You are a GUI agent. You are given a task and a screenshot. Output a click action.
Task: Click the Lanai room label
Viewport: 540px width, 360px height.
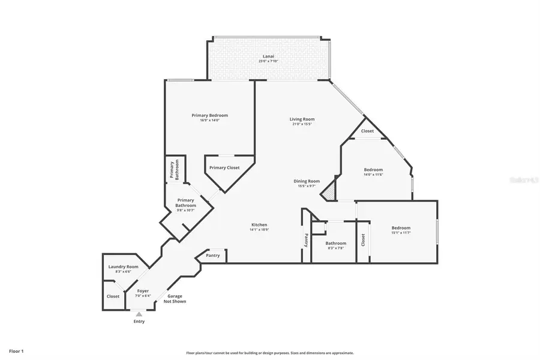(x=269, y=56)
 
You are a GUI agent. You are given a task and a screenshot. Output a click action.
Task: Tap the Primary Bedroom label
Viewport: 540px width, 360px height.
(x=209, y=115)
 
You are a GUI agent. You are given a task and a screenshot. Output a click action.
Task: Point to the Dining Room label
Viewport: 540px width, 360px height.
(x=306, y=181)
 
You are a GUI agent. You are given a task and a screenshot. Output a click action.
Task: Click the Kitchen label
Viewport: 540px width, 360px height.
(x=259, y=225)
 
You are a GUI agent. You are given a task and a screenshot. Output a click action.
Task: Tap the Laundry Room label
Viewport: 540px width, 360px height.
(x=123, y=266)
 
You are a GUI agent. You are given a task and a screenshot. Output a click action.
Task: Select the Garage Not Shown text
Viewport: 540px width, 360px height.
(x=175, y=299)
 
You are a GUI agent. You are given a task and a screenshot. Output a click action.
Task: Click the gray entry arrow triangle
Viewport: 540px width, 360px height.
(x=139, y=314)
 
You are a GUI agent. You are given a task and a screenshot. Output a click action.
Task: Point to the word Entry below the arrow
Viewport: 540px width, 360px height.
(x=139, y=322)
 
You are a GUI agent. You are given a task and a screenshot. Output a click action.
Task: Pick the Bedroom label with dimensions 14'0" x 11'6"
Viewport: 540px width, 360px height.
(x=373, y=170)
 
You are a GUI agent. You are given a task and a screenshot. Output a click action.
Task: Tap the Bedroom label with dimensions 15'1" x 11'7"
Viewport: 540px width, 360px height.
(x=401, y=228)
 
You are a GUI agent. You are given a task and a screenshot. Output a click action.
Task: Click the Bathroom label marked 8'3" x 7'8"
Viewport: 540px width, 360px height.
(x=335, y=244)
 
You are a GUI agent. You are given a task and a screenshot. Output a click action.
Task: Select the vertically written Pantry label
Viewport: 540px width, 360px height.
(x=306, y=240)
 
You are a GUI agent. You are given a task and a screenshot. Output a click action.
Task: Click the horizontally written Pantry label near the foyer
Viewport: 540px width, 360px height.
(x=212, y=256)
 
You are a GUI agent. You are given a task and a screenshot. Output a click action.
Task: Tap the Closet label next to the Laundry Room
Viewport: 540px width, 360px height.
(x=113, y=296)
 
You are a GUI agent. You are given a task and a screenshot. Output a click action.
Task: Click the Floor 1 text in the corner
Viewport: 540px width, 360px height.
(x=16, y=350)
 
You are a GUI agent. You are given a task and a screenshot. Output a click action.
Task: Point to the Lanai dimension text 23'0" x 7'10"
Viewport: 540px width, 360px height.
(x=269, y=61)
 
